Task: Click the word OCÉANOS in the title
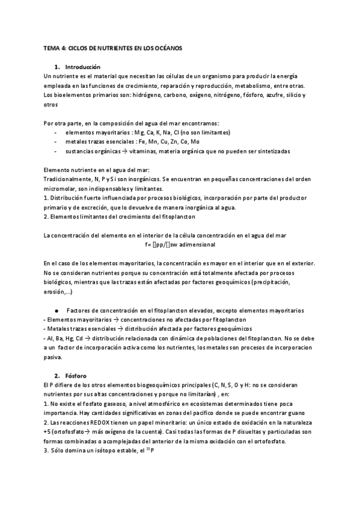click(x=169, y=47)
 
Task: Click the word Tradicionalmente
click(x=68, y=180)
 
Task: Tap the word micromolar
click(x=60, y=189)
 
